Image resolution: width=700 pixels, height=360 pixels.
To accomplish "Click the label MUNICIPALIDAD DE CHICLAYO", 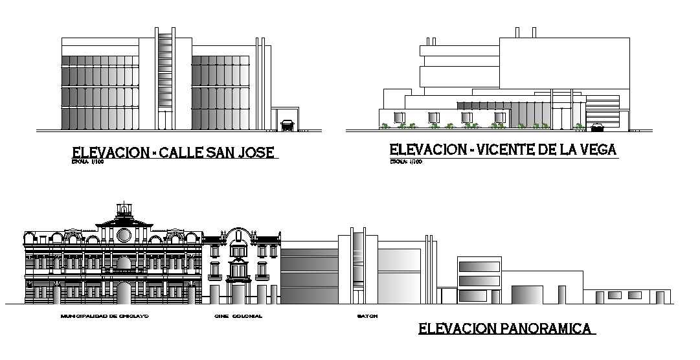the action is pos(104,317).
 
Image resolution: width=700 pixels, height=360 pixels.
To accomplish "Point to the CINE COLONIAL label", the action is pos(238,317).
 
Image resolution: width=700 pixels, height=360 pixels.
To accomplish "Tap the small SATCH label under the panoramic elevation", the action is pos(367,317).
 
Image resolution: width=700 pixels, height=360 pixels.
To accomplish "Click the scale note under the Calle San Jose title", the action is pos(88,163).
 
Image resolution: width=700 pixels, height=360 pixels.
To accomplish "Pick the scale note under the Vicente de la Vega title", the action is pos(406,162).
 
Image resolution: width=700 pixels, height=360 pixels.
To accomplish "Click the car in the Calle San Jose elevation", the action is pos(287,125).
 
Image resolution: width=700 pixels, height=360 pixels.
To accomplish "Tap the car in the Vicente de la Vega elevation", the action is pos(600,126).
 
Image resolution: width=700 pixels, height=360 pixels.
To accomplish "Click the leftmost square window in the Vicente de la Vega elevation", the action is pos(398,117).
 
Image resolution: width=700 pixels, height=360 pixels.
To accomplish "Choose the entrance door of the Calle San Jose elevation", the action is pos(165,120).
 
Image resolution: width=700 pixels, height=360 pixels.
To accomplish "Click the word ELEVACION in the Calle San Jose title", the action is pos(107,153).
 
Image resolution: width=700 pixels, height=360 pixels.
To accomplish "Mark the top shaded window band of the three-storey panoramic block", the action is pos(479,265).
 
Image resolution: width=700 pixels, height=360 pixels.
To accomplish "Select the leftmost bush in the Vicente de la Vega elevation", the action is pos(386,126).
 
